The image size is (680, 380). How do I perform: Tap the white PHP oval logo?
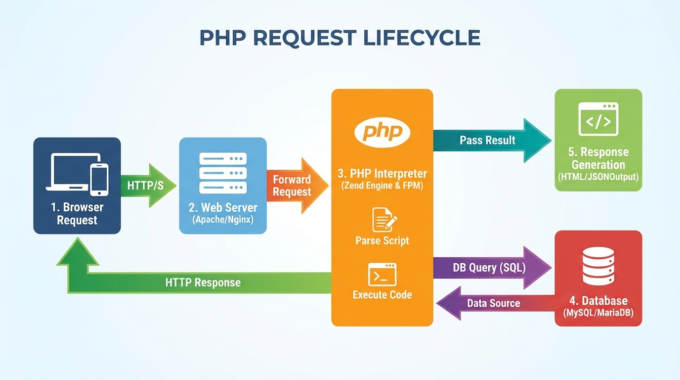pyautogui.click(x=382, y=132)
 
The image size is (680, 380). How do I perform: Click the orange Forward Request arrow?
pyautogui.click(x=297, y=186)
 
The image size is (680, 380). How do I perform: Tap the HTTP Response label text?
pyautogui.click(x=203, y=283)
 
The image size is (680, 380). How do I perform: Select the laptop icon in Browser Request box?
pyautogui.click(x=68, y=173)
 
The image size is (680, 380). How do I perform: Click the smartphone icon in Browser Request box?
pyautogui.click(x=99, y=179)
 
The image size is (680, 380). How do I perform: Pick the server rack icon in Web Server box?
pyautogui.click(x=223, y=173)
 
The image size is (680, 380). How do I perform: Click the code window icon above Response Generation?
pyautogui.click(x=598, y=119)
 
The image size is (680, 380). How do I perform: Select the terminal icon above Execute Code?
pyautogui.click(x=382, y=274)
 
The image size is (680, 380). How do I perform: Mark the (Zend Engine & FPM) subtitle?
pyautogui.click(x=382, y=187)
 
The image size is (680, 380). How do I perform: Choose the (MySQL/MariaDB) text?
pyautogui.click(x=598, y=313)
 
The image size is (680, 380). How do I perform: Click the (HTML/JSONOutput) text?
pyautogui.click(x=598, y=177)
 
